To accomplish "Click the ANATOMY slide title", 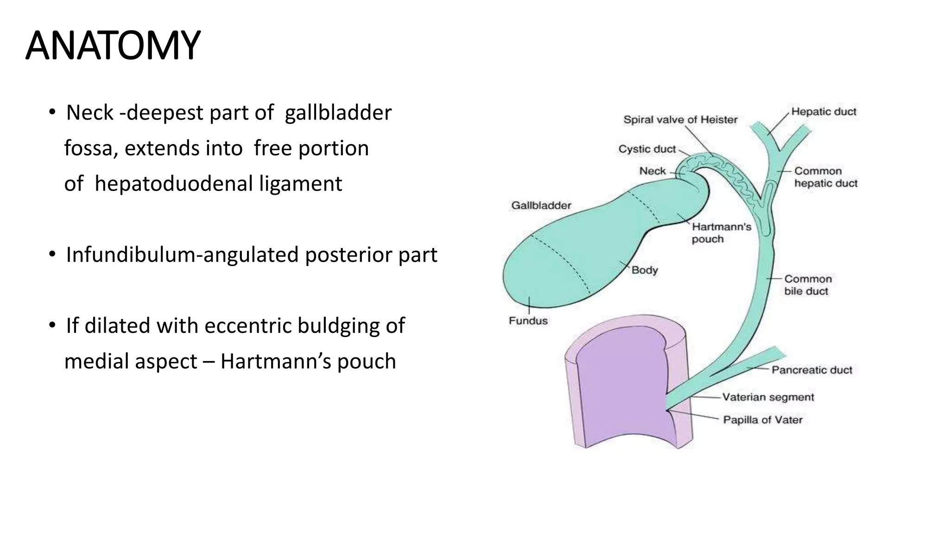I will [113, 45].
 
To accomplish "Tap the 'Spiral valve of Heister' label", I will [680, 120].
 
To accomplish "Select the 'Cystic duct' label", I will [647, 149].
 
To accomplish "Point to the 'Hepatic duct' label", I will [823, 112].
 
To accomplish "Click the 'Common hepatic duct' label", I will [825, 177].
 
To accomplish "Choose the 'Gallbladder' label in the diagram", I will [541, 205].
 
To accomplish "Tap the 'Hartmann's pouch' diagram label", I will [721, 233].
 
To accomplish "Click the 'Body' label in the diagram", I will [645, 270].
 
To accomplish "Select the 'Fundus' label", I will [528, 321].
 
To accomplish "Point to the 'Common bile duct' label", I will [808, 285].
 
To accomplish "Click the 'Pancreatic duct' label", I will [811, 370].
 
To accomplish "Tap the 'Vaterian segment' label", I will [768, 397].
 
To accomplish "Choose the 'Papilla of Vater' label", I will [762, 420].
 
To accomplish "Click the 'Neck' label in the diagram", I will [652, 171].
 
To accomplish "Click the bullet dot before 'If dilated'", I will [52, 325].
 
